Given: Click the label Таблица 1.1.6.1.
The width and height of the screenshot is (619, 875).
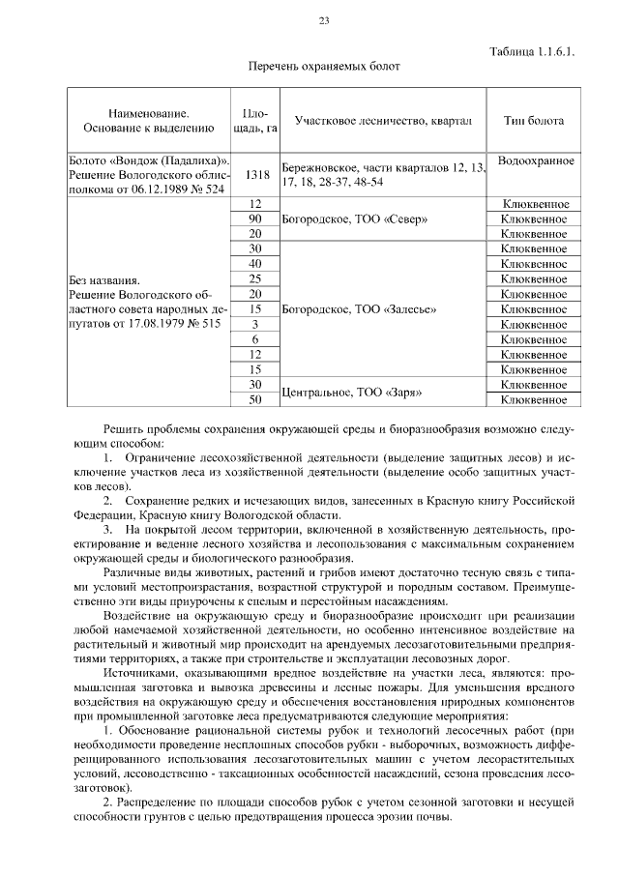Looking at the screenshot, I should (x=532, y=52).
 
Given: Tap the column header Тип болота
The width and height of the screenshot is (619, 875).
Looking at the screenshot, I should (x=534, y=121).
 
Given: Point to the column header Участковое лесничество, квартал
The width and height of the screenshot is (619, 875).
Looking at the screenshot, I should (x=383, y=121).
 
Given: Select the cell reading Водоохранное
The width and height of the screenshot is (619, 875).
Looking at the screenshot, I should (x=535, y=160).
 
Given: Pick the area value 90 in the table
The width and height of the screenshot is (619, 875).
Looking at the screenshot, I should (x=256, y=219).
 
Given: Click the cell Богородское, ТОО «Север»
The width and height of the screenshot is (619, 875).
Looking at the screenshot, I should (x=337, y=219).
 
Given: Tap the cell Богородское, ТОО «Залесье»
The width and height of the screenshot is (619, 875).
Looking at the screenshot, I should (x=343, y=309).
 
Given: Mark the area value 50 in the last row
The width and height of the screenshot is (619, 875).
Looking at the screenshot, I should (x=256, y=399).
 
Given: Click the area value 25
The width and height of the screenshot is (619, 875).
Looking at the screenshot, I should (x=256, y=279).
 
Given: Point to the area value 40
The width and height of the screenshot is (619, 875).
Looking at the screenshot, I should (x=256, y=264).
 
